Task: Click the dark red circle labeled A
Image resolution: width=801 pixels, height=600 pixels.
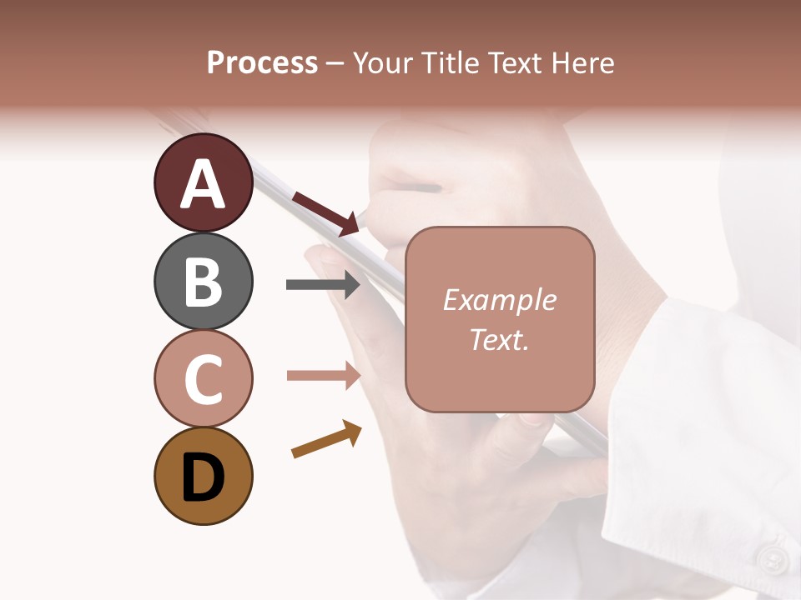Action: coord(203,182)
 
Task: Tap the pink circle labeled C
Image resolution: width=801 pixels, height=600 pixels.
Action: coord(203,378)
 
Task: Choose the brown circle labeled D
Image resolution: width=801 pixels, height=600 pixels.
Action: coord(203,476)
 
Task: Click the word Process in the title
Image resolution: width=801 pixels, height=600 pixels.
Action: coord(262,62)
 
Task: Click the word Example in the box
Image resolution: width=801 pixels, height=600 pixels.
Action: coord(499,301)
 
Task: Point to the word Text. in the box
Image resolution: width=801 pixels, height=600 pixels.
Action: coord(499,340)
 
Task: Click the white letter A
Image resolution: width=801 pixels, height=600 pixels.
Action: coord(203,184)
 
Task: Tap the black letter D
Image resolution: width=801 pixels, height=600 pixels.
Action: coord(203,477)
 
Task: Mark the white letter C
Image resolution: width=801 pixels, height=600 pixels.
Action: coord(203,379)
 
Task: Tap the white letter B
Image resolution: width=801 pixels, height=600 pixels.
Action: coord(203,282)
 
